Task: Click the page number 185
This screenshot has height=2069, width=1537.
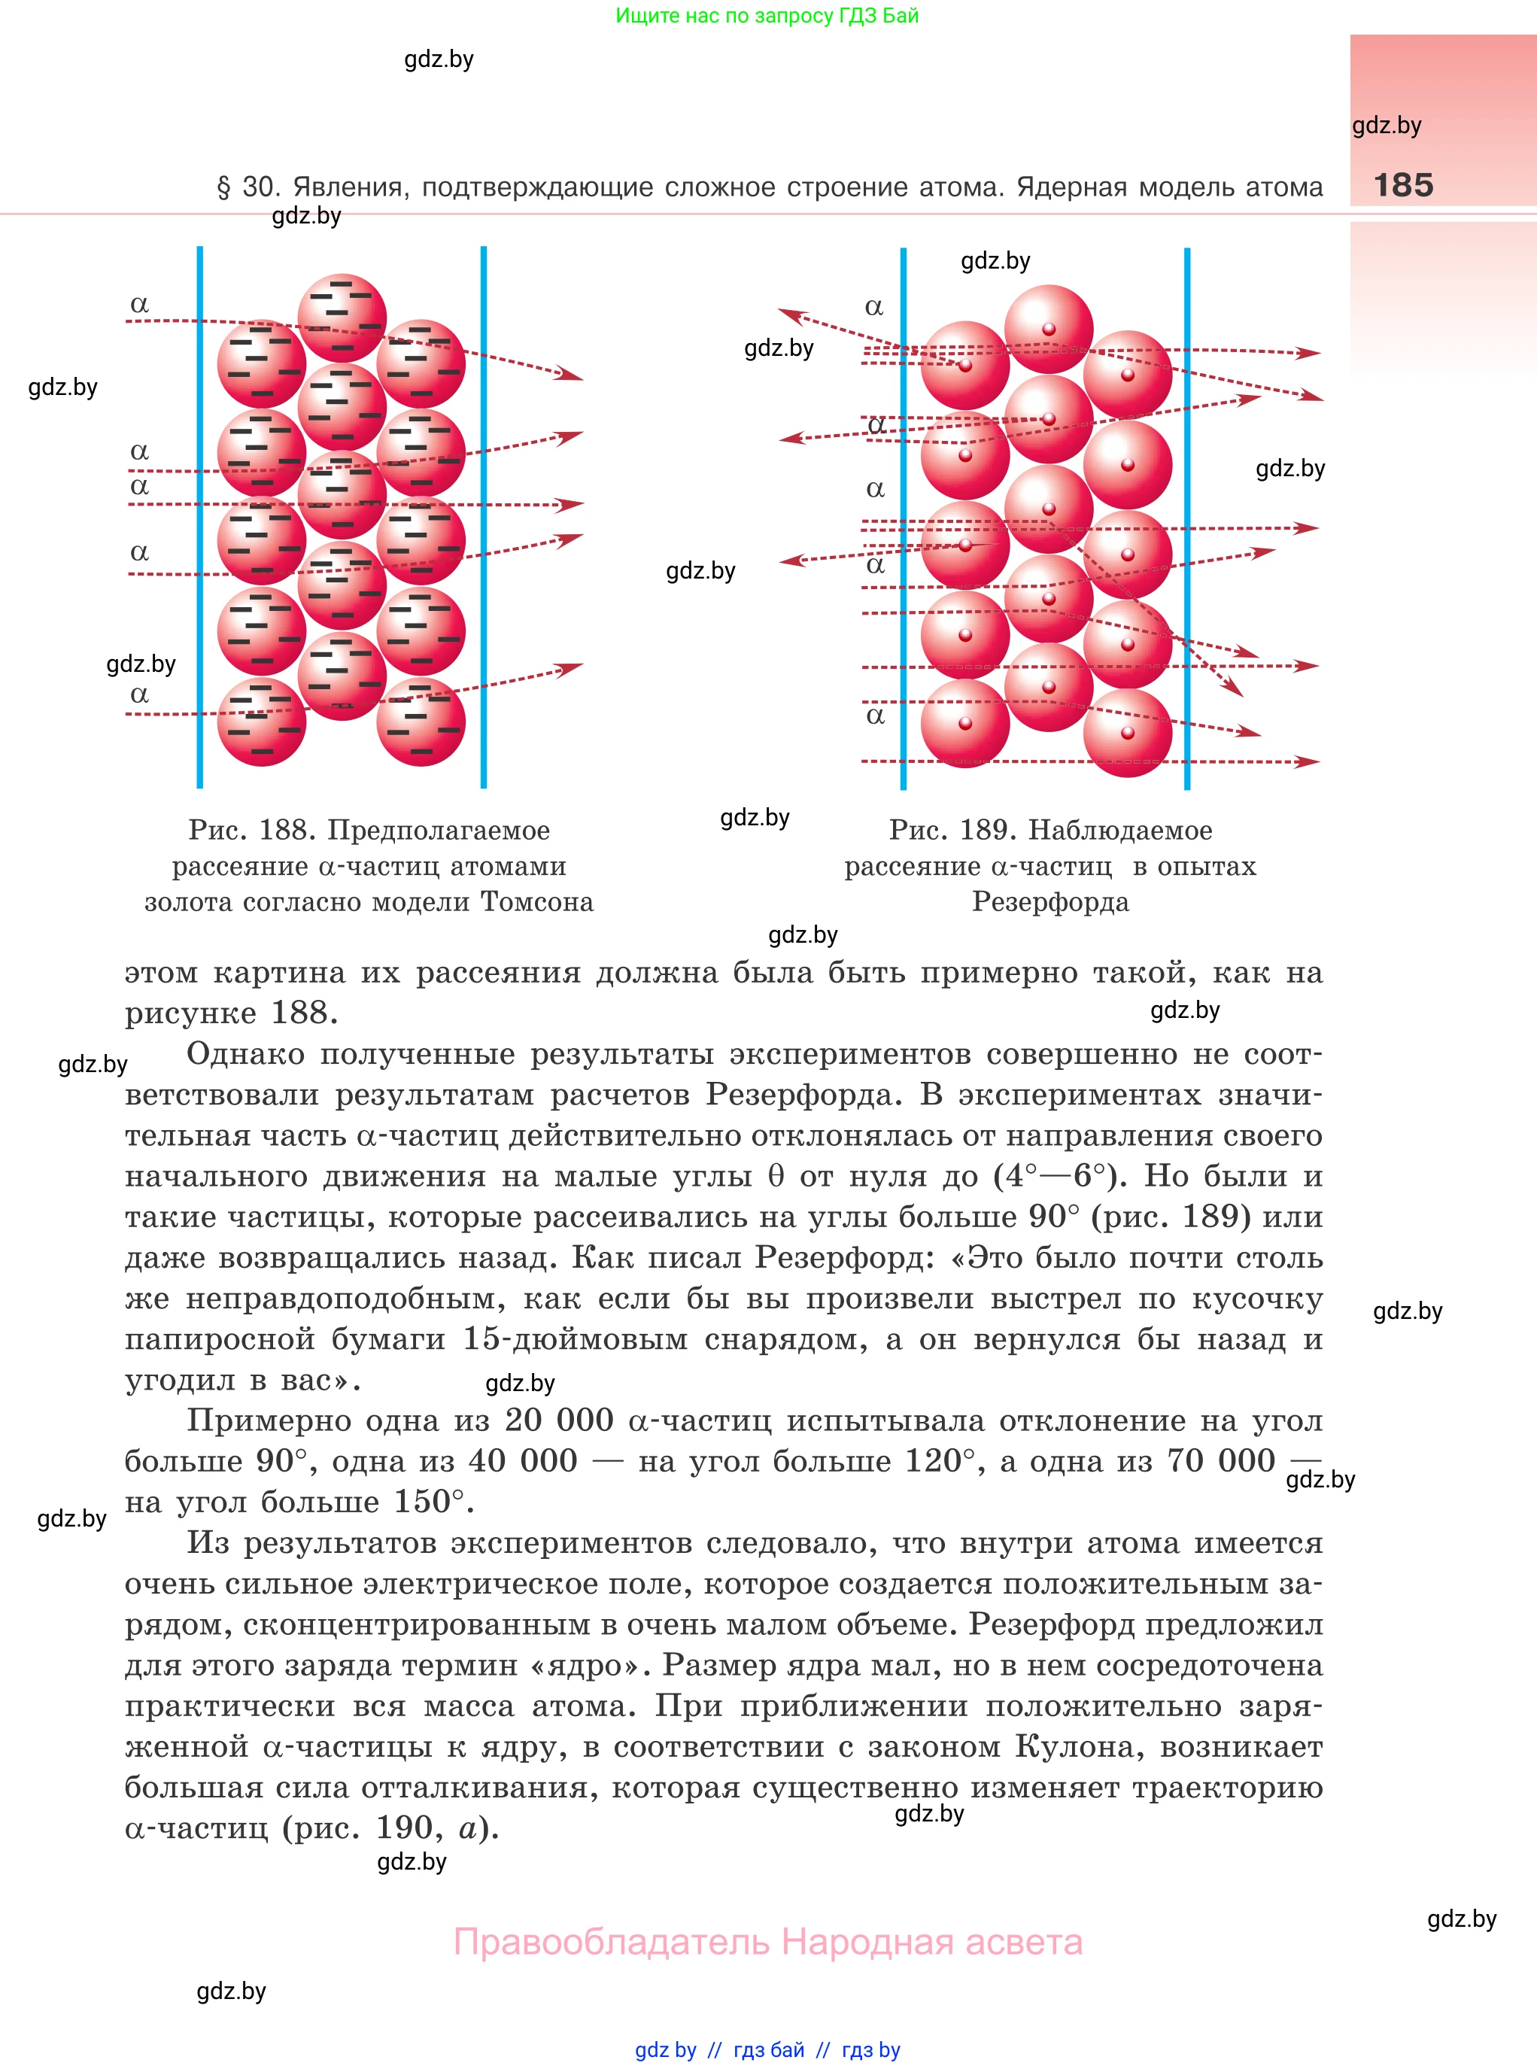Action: click(x=1403, y=185)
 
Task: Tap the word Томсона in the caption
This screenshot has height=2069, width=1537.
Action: click(x=537, y=901)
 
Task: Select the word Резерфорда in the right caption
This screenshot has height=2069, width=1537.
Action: click(x=1050, y=901)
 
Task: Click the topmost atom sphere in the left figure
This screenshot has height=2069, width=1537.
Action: click(x=342, y=317)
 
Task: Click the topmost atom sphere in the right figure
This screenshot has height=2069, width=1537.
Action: click(x=1049, y=328)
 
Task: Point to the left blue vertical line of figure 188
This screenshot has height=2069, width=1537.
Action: click(x=200, y=516)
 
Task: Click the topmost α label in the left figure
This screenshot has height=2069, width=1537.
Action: click(x=140, y=304)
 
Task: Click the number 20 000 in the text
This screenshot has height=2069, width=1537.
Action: click(x=559, y=1420)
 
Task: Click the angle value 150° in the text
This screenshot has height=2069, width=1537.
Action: click(x=429, y=1502)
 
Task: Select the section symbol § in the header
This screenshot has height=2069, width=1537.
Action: click(x=223, y=187)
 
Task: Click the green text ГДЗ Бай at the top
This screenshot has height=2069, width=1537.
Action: click(x=879, y=16)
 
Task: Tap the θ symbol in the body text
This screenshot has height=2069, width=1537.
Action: click(x=776, y=1176)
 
